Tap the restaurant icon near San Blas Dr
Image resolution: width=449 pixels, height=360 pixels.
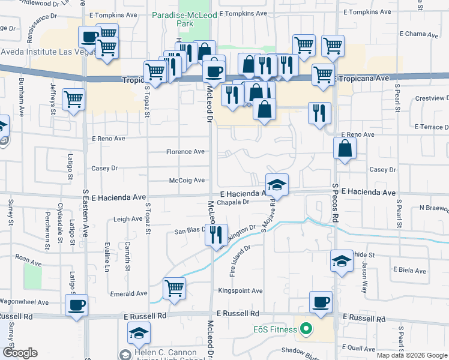tap(216, 234)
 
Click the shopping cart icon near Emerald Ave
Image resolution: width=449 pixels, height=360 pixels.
tap(174, 287)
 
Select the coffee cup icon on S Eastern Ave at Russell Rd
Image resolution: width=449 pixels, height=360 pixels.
tap(77, 305)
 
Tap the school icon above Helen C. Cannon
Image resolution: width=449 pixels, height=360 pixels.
tap(139, 332)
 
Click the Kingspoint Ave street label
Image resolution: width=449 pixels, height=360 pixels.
tap(240, 291)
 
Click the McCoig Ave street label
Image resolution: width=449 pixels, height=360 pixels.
tap(187, 180)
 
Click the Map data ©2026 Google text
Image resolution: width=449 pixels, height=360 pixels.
tap(411, 355)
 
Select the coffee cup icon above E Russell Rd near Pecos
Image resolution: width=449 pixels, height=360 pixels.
tap(321, 302)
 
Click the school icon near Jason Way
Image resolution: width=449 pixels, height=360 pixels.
tap(341, 261)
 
